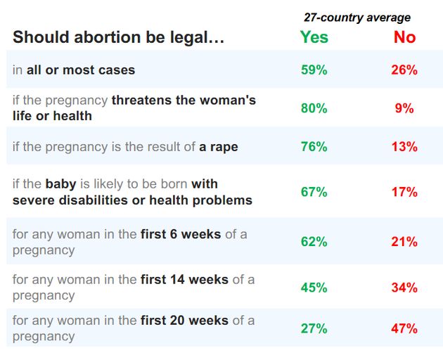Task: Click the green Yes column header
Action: click(314, 37)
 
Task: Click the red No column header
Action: click(404, 37)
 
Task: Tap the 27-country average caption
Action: click(357, 18)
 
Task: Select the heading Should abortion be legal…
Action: click(119, 38)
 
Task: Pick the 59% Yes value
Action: click(314, 70)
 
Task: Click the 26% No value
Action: click(404, 70)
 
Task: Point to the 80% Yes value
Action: click(314, 108)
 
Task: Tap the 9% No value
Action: click(404, 108)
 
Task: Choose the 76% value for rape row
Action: click(314, 147)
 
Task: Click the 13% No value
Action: click(404, 147)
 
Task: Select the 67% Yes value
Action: click(314, 192)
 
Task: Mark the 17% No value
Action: click(404, 192)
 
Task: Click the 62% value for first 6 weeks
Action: click(314, 242)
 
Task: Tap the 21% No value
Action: click(404, 242)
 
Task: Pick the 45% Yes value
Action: click(314, 288)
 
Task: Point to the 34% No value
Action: click(404, 288)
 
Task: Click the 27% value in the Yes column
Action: click(314, 328)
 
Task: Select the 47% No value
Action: click(404, 328)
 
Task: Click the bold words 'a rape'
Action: click(218, 147)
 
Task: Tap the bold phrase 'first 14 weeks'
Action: click(184, 280)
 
